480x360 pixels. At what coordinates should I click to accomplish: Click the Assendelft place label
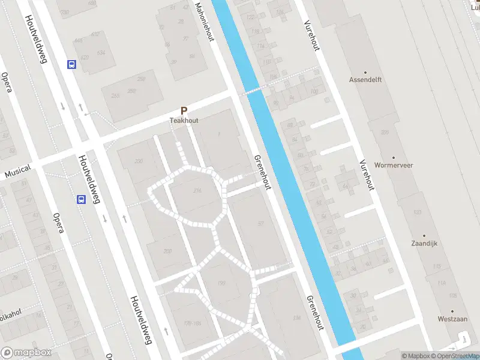pos(365,79)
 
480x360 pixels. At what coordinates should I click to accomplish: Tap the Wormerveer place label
pos(393,165)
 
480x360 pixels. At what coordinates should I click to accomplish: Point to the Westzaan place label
pos(452,319)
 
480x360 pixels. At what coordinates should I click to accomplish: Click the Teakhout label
pos(184,121)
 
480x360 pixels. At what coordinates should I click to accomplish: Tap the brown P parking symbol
pos(184,111)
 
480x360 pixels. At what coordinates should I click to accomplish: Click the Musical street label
pos(17,172)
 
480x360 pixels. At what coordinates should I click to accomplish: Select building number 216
pos(197,191)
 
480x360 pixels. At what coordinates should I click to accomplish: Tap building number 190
pos(221,283)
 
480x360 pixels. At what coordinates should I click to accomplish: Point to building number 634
pos(101,53)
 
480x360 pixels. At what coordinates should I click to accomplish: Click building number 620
pos(85,58)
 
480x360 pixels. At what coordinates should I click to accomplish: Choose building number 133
pos(416,212)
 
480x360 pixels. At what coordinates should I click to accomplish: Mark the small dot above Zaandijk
pos(424,236)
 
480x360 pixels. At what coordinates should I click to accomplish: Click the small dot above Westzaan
pos(452,310)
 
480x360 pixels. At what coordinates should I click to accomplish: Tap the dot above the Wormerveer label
pos(393,156)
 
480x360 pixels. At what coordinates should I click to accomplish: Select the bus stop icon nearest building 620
pos(72,65)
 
